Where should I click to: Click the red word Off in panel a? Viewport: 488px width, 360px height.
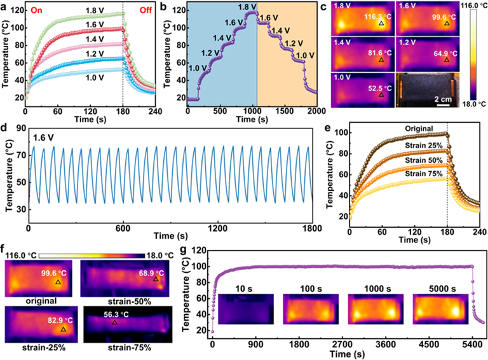tap(142, 10)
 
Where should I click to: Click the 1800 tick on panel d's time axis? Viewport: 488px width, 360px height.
tap(311, 228)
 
